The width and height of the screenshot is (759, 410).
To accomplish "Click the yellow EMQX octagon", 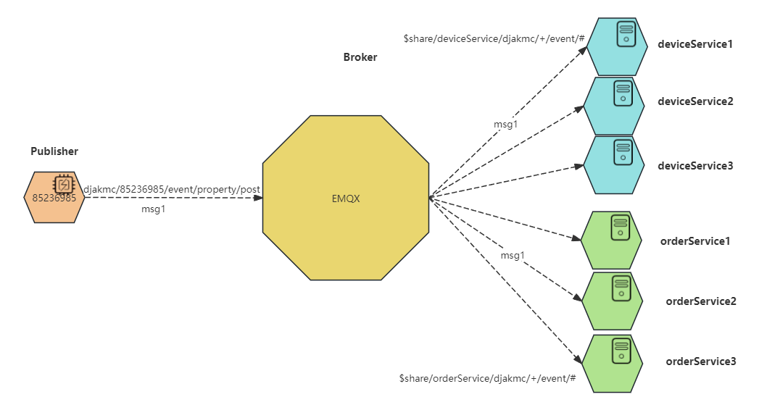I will [345, 198].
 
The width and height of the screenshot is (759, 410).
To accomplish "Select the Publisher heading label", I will [54, 151].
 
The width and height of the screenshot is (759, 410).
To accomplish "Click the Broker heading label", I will [360, 57].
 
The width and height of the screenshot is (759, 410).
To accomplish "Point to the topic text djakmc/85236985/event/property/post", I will [172, 189].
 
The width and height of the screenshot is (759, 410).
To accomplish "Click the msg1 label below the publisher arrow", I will [153, 209].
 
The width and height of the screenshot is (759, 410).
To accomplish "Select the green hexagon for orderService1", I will [611, 240].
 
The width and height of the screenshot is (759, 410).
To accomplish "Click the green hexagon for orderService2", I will [613, 301].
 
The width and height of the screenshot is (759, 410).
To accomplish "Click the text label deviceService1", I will [694, 44].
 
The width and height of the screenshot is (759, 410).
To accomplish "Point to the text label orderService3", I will [700, 361].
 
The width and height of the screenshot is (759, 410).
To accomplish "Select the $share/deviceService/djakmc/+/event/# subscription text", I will [494, 38].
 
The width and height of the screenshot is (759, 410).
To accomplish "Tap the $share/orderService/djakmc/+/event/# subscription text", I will [487, 379].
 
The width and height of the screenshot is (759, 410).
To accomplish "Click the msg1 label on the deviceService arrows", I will [506, 124].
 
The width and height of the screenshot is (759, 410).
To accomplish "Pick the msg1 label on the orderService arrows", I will [513, 256].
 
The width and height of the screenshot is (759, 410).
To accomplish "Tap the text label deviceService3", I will [695, 166].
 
